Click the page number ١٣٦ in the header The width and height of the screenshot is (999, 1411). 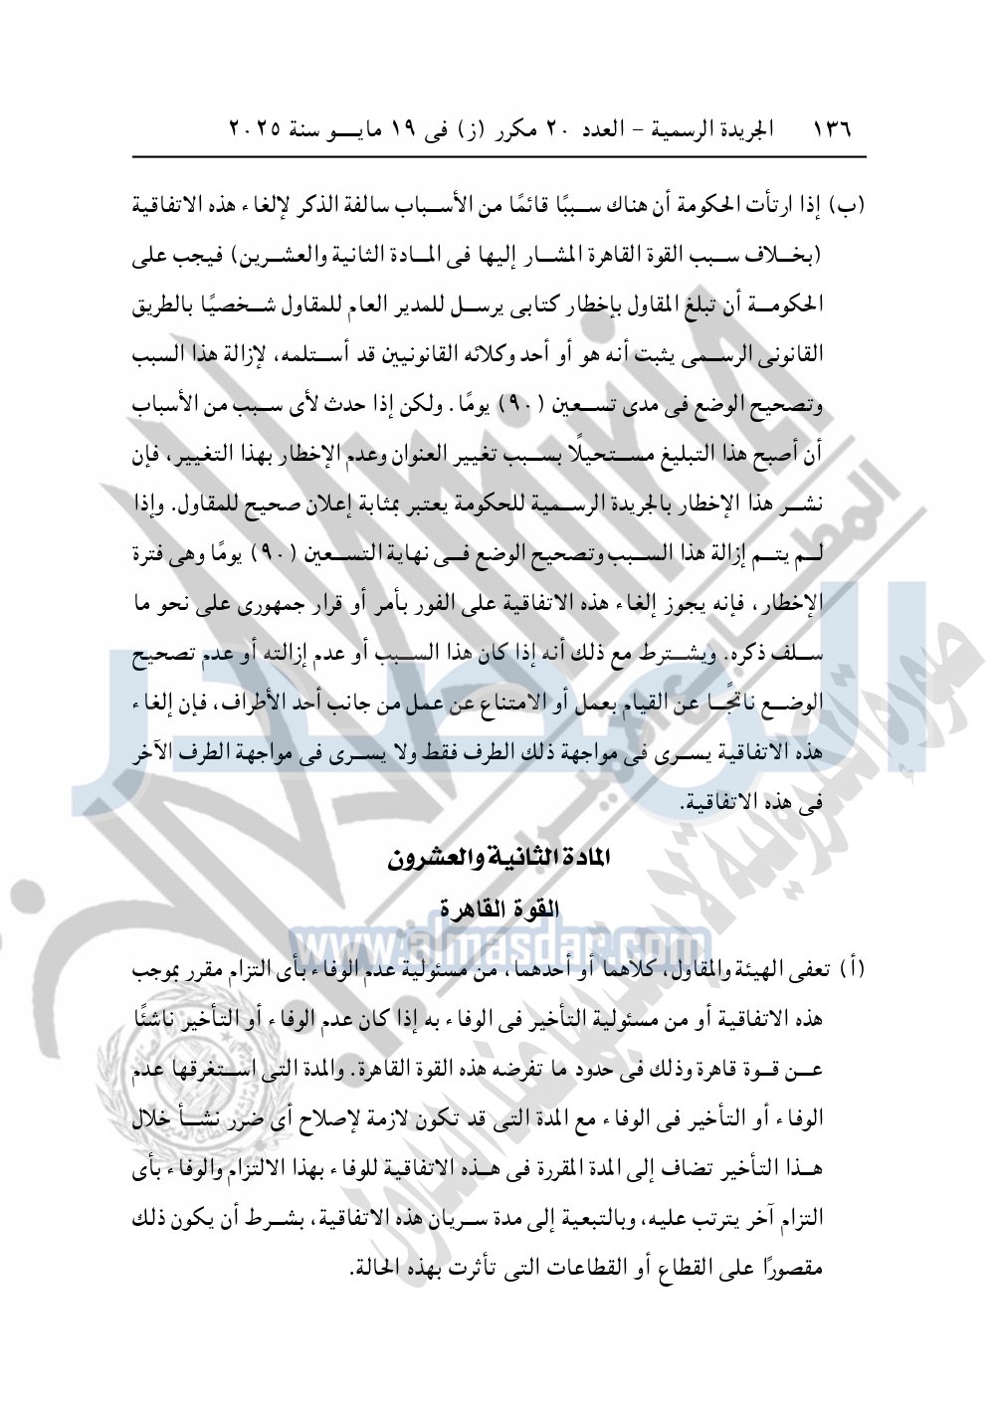[x=833, y=130]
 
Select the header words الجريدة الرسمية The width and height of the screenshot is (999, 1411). [x=707, y=130]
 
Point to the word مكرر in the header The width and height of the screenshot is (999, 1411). [x=506, y=130]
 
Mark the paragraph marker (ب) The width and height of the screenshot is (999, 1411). [x=849, y=207]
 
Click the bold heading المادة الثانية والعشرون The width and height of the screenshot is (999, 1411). [x=499, y=857]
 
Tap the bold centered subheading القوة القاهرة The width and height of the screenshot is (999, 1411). [x=499, y=908]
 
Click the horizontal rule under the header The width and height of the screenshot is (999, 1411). [x=499, y=156]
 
